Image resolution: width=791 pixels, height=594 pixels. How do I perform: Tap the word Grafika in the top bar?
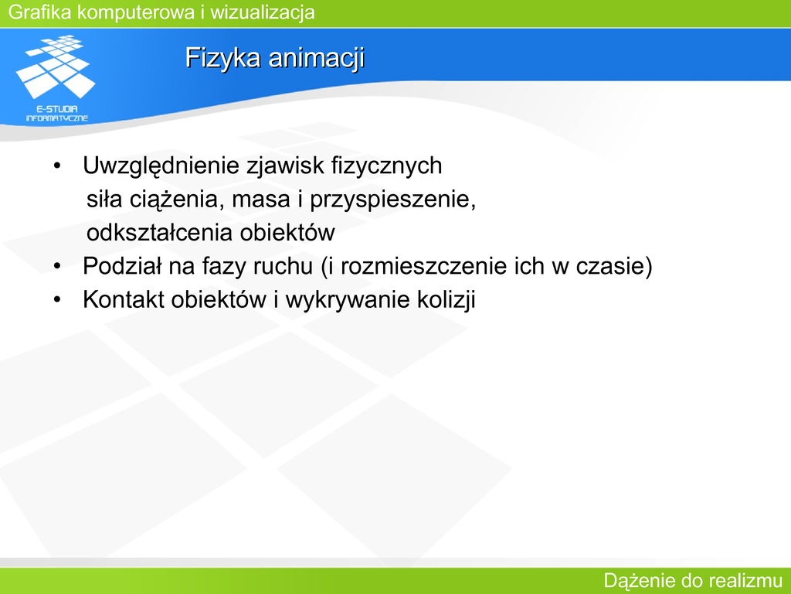[x=40, y=12]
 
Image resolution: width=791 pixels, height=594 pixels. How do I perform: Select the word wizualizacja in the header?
[x=263, y=12]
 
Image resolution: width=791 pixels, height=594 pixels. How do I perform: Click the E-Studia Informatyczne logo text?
[x=57, y=114]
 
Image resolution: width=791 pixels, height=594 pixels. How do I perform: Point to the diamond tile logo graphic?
[x=56, y=67]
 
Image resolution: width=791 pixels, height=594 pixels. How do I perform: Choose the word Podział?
[x=121, y=266]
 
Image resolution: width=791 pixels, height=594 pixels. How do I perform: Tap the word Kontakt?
[x=124, y=299]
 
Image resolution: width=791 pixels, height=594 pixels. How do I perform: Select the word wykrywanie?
[x=348, y=300]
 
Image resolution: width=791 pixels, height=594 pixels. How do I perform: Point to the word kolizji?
[x=446, y=300]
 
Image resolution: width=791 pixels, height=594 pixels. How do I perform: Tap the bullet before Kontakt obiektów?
[x=57, y=300]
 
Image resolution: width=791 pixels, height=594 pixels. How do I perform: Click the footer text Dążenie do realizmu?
[x=693, y=581]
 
